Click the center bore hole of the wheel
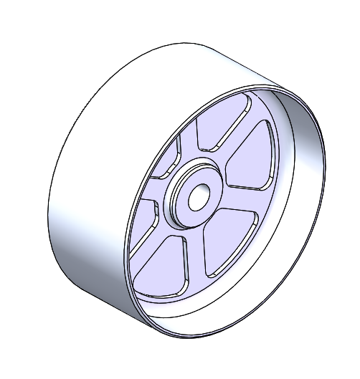196,196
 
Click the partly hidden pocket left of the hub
143,226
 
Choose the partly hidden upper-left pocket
169,161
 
